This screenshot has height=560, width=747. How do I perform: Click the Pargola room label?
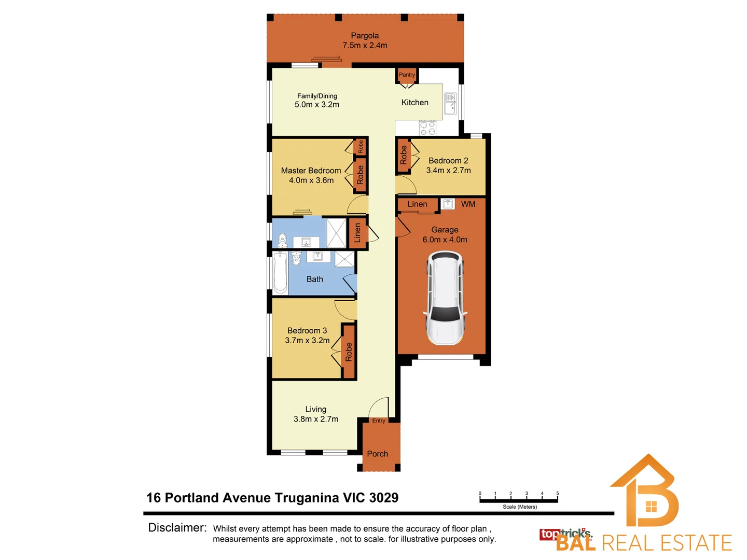tap(365, 36)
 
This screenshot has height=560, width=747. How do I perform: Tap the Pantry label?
tap(407, 75)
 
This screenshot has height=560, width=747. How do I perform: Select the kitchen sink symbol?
tap(450, 104)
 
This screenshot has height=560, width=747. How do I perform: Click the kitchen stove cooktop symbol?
tap(427, 128)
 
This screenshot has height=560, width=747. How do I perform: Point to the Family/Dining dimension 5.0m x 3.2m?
tap(317, 105)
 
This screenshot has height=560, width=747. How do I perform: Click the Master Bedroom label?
tap(311, 171)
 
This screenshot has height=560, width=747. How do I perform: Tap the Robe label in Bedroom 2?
tap(404, 155)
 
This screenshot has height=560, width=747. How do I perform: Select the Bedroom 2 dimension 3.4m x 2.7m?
tap(448, 171)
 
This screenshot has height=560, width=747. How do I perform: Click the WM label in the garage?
tap(468, 204)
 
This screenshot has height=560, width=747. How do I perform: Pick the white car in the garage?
tap(445, 298)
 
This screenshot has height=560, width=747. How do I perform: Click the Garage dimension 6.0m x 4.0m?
tap(445, 240)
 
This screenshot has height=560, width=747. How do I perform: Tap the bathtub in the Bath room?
tap(280, 273)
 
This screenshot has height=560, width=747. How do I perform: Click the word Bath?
tap(314, 279)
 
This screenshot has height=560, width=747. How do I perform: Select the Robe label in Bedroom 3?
tap(349, 352)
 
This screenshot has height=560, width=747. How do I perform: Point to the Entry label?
tap(379, 421)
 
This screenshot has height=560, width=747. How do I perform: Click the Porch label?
tap(377, 454)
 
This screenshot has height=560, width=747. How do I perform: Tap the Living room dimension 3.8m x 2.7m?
tap(315, 419)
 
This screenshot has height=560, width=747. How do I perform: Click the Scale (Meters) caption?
tap(519, 507)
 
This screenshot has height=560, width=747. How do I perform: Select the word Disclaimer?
tap(177, 528)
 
